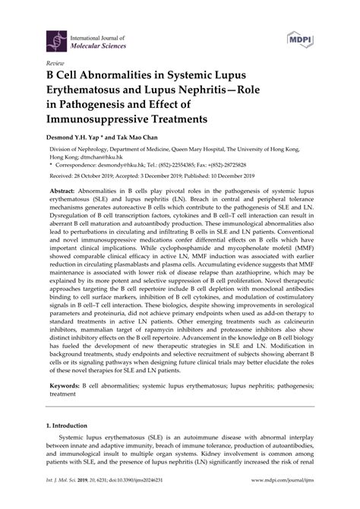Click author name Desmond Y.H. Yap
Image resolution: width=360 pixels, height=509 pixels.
pos(84,140)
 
